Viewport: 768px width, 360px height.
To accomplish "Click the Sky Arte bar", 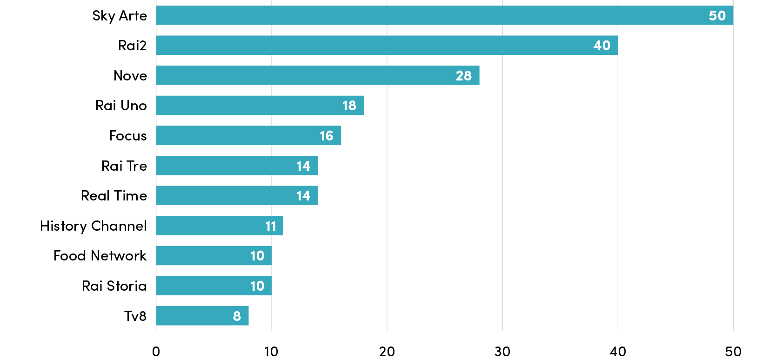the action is click(445, 15).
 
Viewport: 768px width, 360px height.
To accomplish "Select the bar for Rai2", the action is click(387, 45).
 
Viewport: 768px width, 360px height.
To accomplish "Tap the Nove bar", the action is click(318, 75).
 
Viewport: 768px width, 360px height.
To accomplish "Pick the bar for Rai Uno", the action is click(260, 105).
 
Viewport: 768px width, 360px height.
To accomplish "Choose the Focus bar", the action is click(248, 135).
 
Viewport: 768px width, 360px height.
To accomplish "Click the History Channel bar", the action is click(220, 226).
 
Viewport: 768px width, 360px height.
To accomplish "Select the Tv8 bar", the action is click(202, 316).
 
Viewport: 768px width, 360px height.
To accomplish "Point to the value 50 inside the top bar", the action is click(717, 15).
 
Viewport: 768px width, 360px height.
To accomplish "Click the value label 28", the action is click(463, 75).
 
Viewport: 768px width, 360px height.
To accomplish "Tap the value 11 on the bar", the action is click(271, 226).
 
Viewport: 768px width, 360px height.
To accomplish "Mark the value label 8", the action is click(237, 316).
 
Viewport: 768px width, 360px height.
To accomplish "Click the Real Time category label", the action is click(114, 196).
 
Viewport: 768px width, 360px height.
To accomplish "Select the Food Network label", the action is click(100, 256).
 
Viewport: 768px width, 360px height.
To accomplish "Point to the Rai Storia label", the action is click(114, 286).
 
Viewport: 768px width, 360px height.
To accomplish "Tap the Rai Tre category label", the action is click(124, 166).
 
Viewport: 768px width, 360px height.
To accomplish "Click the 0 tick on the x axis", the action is click(156, 352).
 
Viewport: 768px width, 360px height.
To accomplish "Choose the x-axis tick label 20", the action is click(387, 352).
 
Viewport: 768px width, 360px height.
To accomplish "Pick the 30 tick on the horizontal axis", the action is click(502, 352).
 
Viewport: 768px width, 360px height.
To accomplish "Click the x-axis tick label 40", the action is click(618, 352).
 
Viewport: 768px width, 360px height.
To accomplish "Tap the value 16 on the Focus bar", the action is click(327, 136).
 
